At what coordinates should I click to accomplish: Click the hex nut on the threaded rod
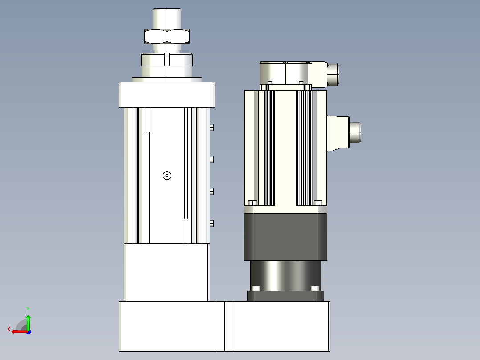tap(167, 37)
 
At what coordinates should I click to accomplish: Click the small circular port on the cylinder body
tap(167, 176)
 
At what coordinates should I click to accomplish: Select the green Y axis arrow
tap(28, 322)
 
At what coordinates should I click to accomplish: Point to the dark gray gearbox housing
tap(285, 237)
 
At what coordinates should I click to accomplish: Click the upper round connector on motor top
tap(333, 75)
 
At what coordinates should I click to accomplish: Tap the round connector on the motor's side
tap(355, 132)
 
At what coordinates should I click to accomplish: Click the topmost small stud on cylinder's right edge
tap(212, 127)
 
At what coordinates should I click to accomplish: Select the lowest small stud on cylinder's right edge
tap(212, 223)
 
